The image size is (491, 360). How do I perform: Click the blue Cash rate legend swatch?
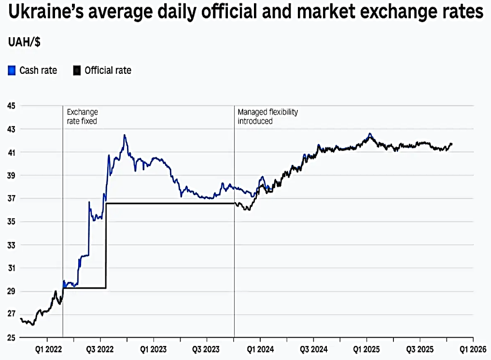[x=12, y=70]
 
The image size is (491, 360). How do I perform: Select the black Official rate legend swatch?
[x=77, y=70]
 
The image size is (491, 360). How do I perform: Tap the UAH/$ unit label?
[x=24, y=42]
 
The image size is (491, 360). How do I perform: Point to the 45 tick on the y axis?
[x=11, y=106]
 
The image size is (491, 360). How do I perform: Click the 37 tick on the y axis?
[x=11, y=198]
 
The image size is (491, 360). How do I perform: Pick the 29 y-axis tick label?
[x=11, y=291]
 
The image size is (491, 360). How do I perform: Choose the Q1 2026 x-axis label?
[x=472, y=347]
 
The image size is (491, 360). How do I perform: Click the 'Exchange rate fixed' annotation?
[x=82, y=116]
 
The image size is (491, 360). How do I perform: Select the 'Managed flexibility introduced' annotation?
[x=267, y=116]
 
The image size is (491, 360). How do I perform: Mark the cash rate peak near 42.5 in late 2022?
[x=125, y=136]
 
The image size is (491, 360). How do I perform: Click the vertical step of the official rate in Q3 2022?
[x=106, y=246]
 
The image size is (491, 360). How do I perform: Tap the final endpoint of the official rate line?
[x=452, y=144]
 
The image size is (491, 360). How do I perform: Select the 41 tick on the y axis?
[x=11, y=152]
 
